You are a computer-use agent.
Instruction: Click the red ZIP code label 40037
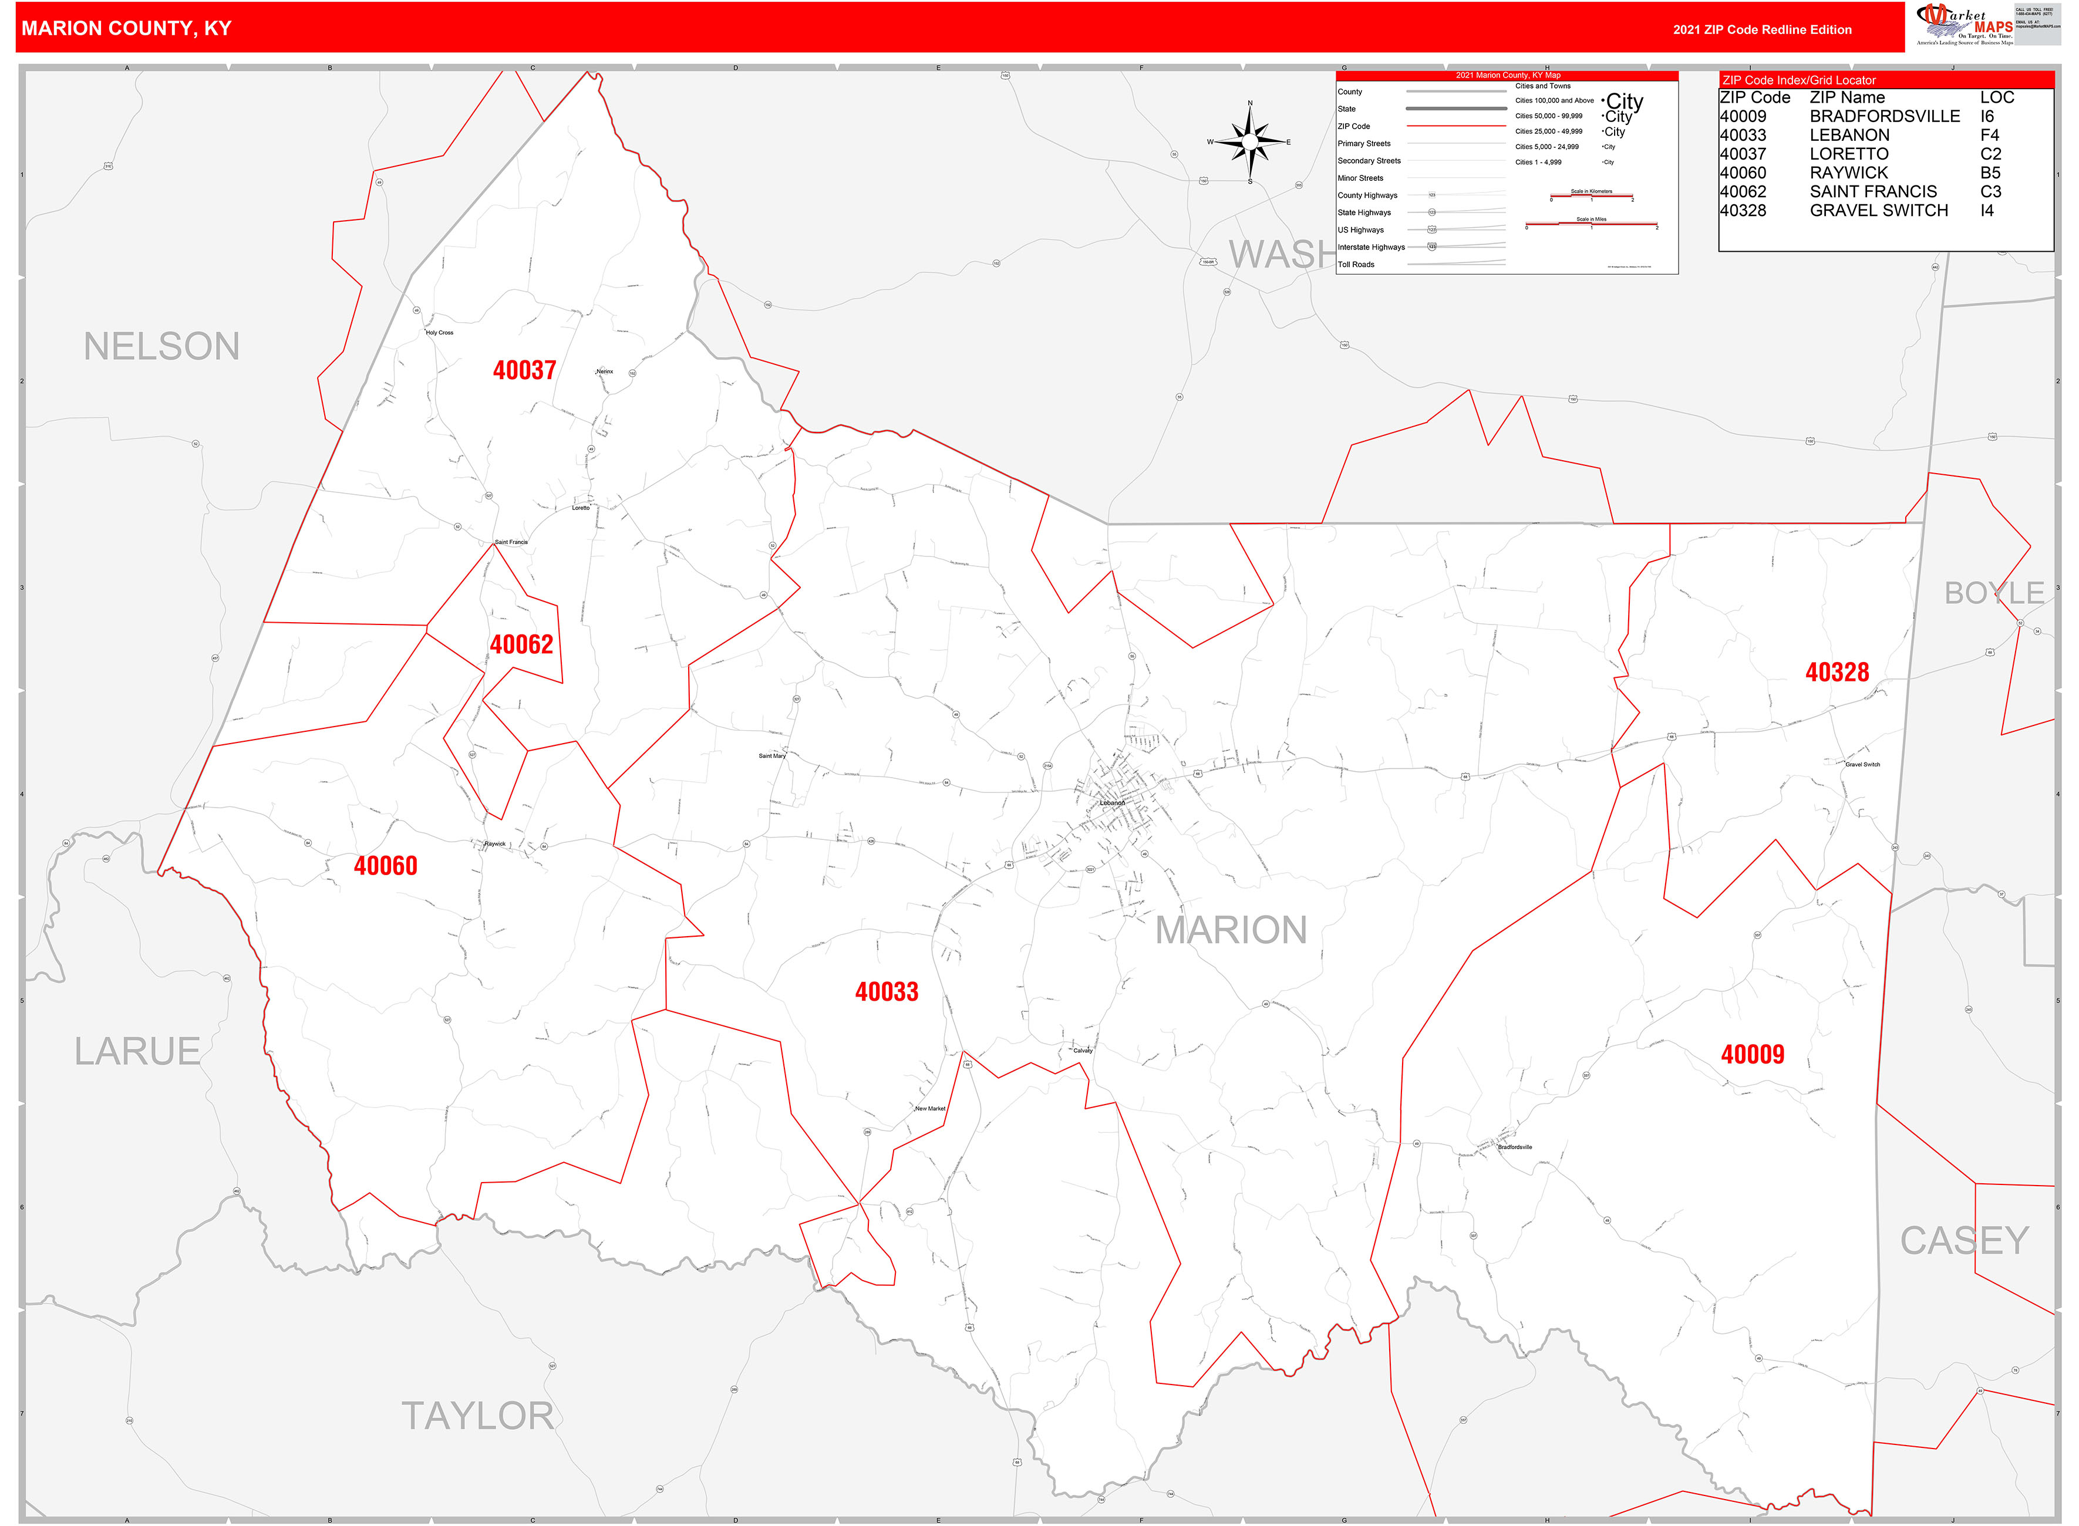pyautogui.click(x=524, y=370)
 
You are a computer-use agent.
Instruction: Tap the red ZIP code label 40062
pyautogui.click(x=521, y=645)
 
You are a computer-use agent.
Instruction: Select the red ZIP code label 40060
pyautogui.click(x=385, y=866)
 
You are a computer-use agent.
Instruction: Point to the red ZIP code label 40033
pyautogui.click(x=886, y=992)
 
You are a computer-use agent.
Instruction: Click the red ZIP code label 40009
pyautogui.click(x=1752, y=1055)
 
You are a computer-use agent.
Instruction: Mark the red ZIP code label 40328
pyautogui.click(x=1837, y=673)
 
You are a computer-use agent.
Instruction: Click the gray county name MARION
pyautogui.click(x=1231, y=930)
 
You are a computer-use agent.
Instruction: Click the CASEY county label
pyautogui.click(x=1963, y=1241)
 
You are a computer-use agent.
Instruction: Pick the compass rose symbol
pyautogui.click(x=1250, y=142)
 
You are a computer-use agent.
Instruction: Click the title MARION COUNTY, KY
pyautogui.click(x=127, y=29)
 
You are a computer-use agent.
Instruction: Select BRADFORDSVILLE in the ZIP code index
pyautogui.click(x=1884, y=116)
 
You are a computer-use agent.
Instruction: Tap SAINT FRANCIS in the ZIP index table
pyautogui.click(x=1873, y=192)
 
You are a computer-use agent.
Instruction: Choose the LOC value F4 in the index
pyautogui.click(x=1989, y=136)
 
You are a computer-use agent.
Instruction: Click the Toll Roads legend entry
pyautogui.click(x=1356, y=265)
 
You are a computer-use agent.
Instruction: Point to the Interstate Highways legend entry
pyautogui.click(x=1371, y=248)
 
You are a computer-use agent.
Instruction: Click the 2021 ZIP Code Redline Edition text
pyautogui.click(x=1762, y=29)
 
